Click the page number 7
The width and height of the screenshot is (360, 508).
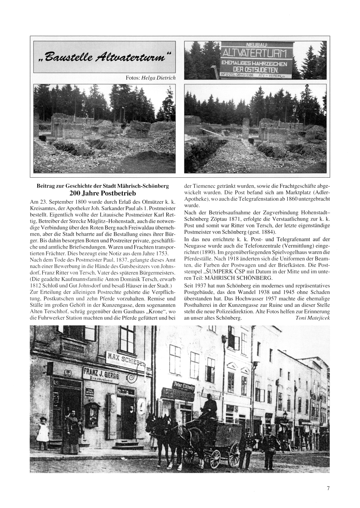(328, 488)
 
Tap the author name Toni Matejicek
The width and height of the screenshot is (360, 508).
(312, 318)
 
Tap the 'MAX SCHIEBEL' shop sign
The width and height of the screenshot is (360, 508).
(125, 358)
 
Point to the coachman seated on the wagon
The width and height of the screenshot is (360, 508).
(210, 407)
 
